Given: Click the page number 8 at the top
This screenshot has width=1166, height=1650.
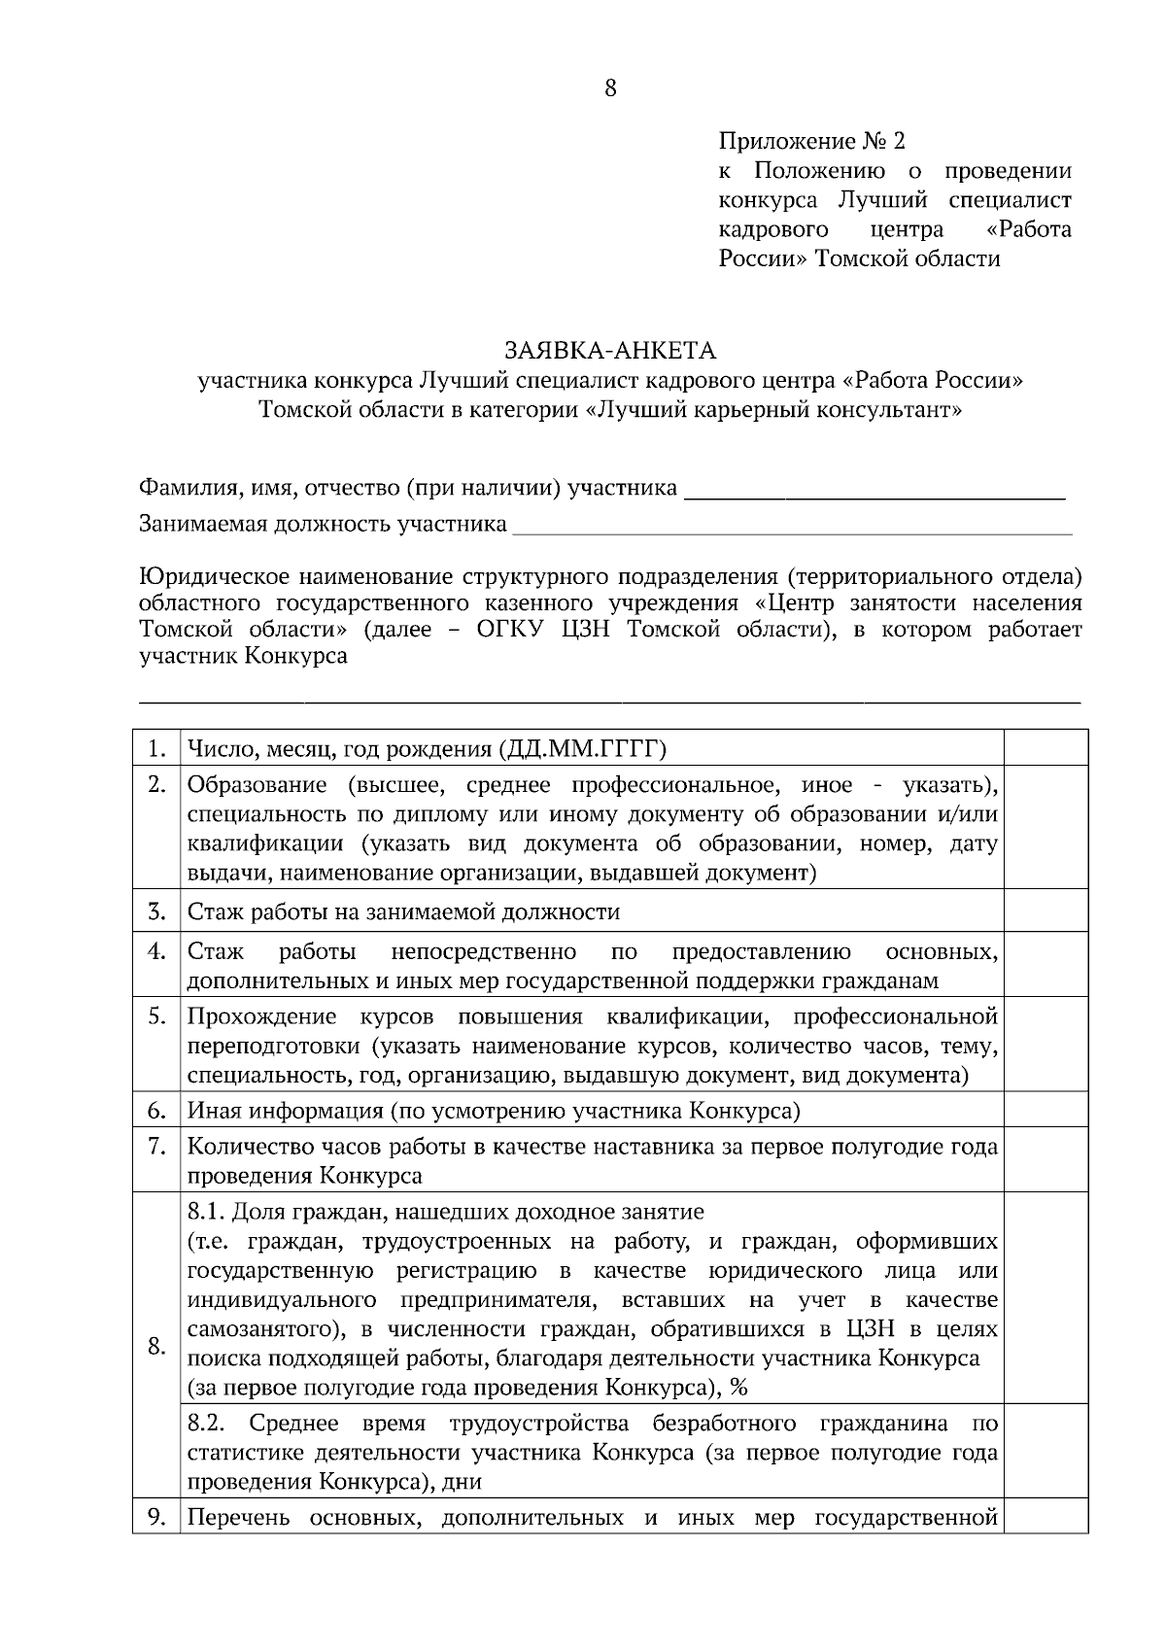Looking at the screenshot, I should point(610,88).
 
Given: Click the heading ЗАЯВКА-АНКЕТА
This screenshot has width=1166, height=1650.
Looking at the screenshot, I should point(609,350).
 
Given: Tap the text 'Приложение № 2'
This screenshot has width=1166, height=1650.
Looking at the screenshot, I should point(811,142).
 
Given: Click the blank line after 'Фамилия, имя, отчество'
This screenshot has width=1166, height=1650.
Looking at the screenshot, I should point(874,489).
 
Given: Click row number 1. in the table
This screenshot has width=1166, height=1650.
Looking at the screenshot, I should point(156,748).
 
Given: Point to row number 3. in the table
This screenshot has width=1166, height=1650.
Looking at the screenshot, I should point(156,911).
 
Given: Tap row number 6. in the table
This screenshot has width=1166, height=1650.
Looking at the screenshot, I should point(156,1110).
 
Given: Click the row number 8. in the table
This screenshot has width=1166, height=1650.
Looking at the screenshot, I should point(156,1347).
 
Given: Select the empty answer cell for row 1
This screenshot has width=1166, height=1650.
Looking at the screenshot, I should point(1045,748).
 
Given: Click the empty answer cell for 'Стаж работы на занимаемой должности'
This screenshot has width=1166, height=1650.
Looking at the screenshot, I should point(1045,911).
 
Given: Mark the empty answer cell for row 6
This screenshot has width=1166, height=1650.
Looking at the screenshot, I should point(1045,1110).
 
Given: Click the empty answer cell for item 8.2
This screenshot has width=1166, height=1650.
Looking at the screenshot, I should point(1045,1452).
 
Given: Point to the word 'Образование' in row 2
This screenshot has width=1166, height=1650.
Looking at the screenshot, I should point(257,785).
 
